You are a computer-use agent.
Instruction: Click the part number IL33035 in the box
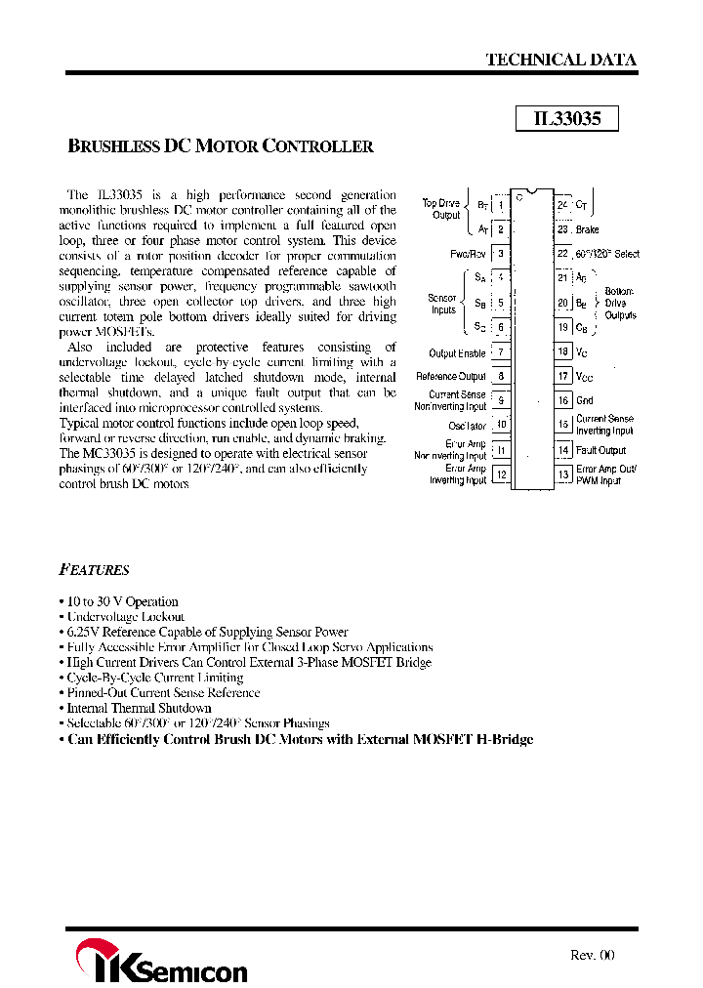(567, 118)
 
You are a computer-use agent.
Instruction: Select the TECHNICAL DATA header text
(560, 60)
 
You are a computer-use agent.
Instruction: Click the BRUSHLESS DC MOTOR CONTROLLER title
(221, 146)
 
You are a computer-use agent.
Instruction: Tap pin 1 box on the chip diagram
(500, 205)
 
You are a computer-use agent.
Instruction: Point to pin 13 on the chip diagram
(563, 474)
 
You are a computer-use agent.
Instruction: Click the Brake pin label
(587, 229)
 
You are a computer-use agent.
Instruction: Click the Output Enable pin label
(457, 352)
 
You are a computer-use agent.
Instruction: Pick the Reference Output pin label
(450, 376)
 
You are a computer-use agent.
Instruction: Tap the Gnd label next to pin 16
(585, 400)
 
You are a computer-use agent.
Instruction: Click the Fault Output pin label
(600, 450)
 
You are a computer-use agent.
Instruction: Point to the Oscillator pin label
(466, 426)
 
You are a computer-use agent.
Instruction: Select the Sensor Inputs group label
(442, 304)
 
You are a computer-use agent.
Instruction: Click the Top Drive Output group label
(441, 209)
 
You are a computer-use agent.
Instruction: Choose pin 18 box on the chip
(563, 351)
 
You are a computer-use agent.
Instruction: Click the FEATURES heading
(94, 570)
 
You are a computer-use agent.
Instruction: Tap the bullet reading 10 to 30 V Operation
(122, 601)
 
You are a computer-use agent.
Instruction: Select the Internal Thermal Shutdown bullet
(139, 708)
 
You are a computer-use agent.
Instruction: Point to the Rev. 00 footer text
(592, 955)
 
